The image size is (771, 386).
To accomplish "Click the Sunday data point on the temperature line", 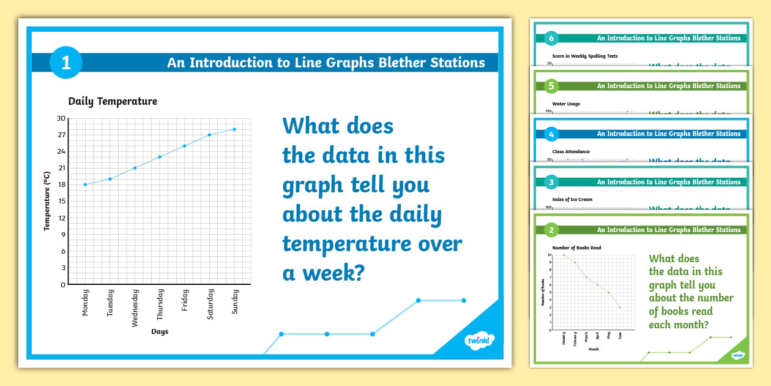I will point(234,129).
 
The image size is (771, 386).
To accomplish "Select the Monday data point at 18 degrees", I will point(85,184).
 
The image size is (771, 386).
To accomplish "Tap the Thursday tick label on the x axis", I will point(160,305).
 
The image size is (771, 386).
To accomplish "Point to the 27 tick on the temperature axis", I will point(61,135).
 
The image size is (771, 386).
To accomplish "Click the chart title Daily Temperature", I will point(113,102).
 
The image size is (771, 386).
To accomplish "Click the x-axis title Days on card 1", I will point(160,331).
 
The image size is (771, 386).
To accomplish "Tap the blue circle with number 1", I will point(65,62).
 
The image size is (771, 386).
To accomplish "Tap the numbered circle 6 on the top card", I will point(551,38).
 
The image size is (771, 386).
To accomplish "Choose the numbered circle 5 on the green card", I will point(551,86).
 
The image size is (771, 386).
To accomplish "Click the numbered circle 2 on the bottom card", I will point(551,230).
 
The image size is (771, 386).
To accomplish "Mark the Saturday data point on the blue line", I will point(209,135).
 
